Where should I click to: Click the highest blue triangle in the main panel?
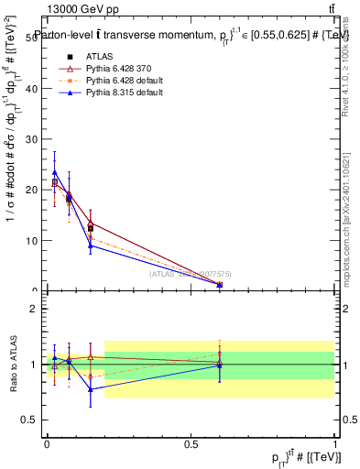coord(55,171)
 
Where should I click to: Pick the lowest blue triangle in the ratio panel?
coord(90,389)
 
